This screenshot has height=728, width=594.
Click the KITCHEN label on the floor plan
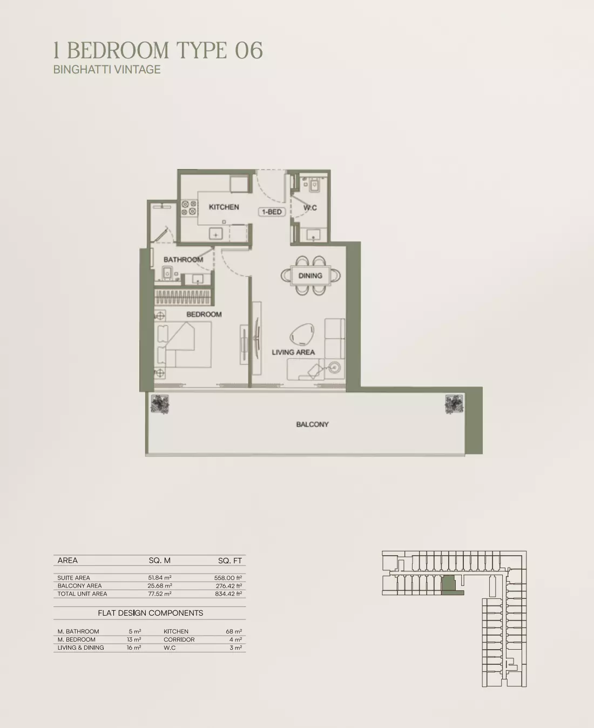(224, 207)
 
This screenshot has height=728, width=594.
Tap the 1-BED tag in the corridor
(272, 212)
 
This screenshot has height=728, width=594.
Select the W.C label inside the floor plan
(310, 208)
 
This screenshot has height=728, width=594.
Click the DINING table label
(310, 275)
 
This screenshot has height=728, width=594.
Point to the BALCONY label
(312, 424)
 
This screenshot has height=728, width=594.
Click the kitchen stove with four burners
(189, 208)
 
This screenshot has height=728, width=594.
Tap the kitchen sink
(215, 234)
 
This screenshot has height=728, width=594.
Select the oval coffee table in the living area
(302, 334)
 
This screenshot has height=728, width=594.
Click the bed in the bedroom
(184, 345)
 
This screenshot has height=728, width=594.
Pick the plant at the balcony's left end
(160, 404)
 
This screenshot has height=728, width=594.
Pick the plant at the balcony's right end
(454, 404)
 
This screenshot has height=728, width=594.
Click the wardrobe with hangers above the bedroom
(183, 297)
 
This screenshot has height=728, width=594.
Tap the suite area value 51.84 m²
(160, 577)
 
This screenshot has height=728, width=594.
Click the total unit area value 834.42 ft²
(228, 594)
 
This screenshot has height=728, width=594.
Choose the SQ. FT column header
(230, 561)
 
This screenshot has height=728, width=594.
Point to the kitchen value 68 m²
(234, 631)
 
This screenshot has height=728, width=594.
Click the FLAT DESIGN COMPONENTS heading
(151, 613)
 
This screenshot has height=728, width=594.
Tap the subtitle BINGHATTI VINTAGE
(107, 69)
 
